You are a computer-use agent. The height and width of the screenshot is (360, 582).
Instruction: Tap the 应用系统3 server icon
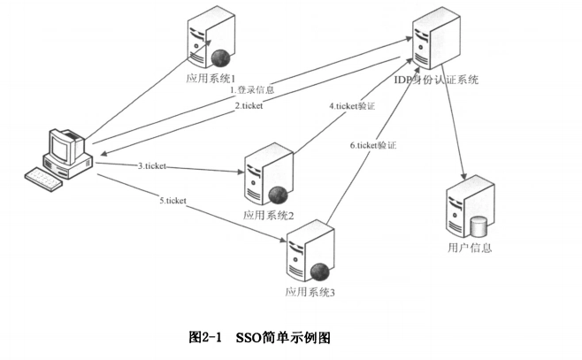307,255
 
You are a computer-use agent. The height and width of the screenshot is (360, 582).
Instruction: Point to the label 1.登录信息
253,89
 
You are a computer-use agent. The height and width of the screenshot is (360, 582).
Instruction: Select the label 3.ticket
152,165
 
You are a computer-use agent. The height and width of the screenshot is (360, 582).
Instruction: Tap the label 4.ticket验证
352,106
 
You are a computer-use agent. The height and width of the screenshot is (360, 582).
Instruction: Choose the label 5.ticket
172,201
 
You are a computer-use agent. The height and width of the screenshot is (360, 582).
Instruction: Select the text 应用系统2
269,215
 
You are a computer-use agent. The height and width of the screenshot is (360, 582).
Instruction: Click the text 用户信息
470,248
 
